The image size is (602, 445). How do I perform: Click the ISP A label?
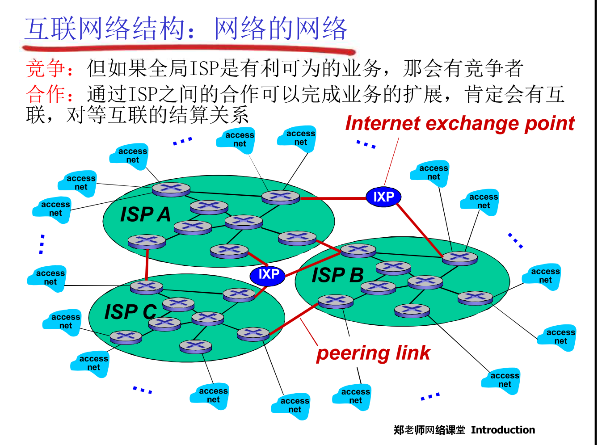tap(146, 214)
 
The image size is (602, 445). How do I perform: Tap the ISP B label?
tap(338, 275)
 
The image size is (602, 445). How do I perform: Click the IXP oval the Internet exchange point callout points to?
tap(383, 197)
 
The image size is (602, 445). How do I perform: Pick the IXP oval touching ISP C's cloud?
tap(268, 274)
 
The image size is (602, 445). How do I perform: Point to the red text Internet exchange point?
tap(460, 123)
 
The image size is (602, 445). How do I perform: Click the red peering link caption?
tap(373, 353)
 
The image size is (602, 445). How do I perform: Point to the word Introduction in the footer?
tap(503, 430)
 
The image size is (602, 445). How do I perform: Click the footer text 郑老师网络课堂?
tap(429, 430)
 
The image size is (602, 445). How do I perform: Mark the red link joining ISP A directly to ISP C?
tap(147, 264)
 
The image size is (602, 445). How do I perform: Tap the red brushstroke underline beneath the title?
tap(188, 48)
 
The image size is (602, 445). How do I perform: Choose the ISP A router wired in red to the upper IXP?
tap(281, 197)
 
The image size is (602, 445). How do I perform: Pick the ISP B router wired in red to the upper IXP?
tap(459, 258)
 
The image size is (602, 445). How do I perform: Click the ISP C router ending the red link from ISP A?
tap(147, 286)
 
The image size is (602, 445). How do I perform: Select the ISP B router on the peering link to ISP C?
tap(335, 301)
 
